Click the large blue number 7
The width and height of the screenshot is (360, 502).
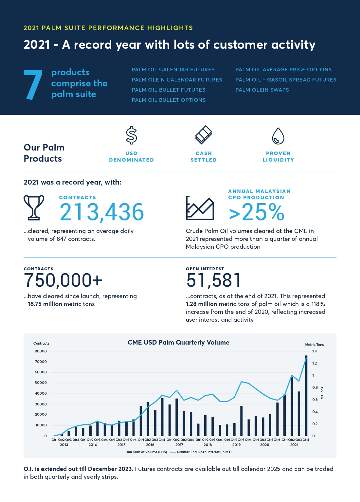(33, 84)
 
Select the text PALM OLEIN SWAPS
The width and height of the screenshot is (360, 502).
(262, 90)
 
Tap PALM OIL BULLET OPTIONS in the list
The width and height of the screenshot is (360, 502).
(169, 100)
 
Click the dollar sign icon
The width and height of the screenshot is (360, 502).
(132, 135)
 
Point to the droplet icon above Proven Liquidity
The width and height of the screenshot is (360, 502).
(278, 136)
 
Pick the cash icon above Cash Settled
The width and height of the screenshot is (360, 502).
(204, 135)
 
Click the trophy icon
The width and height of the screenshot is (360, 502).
(34, 207)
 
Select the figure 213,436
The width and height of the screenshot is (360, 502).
(102, 212)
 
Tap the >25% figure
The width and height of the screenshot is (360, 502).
(257, 212)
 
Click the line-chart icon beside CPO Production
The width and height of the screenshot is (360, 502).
(200, 208)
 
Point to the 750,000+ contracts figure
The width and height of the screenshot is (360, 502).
(63, 280)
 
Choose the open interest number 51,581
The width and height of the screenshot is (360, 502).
(214, 280)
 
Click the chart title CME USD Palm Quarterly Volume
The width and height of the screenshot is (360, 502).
(178, 343)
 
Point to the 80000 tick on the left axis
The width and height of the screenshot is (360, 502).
(41, 351)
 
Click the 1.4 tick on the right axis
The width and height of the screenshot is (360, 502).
(315, 351)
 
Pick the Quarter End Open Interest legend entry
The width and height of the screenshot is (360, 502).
(204, 452)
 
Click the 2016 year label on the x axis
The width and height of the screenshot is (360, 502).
(150, 445)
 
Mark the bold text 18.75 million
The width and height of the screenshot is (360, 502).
(45, 304)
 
